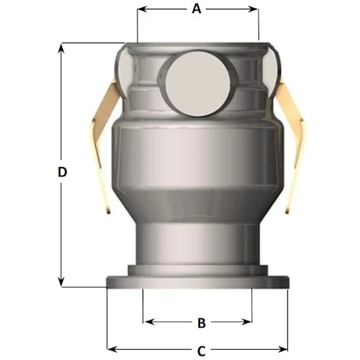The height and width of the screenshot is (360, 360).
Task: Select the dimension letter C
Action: pyautogui.click(x=201, y=351)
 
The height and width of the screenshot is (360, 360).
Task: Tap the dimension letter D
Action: pyautogui.click(x=63, y=172)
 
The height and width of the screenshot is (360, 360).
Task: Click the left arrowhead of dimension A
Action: pyautogui.click(x=142, y=9)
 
